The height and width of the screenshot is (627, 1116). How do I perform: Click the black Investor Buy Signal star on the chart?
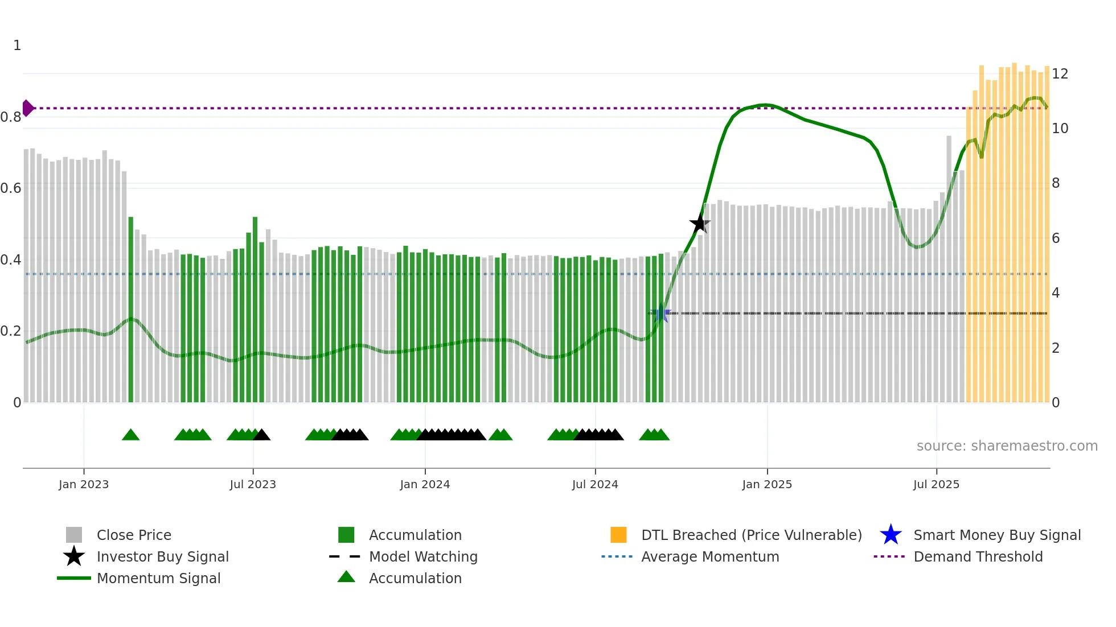699,223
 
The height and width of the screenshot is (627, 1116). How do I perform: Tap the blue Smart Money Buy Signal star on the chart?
660,313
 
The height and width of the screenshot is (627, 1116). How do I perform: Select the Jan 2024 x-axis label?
425,484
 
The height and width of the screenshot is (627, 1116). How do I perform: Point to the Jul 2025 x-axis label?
936,484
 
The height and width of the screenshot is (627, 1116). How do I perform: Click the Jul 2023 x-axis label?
253,484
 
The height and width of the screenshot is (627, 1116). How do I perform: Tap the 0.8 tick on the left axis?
11,117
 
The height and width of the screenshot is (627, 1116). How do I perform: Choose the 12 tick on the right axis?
1060,73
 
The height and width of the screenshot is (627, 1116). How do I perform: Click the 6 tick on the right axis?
1056,238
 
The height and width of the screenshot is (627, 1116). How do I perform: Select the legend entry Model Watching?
423,556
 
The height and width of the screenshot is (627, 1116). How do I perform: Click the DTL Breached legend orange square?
618,535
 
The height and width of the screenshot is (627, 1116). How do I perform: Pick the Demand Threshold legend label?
978,556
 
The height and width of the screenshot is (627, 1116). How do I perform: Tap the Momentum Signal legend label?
158,578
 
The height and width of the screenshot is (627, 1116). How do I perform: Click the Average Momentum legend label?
710,556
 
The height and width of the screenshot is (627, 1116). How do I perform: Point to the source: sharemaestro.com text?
1007,445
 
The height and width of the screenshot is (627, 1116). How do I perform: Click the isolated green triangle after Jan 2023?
130,435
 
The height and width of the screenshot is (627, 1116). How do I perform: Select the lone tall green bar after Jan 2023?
131,310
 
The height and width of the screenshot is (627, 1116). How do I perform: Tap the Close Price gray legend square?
74,535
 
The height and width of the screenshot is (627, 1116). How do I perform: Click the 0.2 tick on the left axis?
11,331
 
